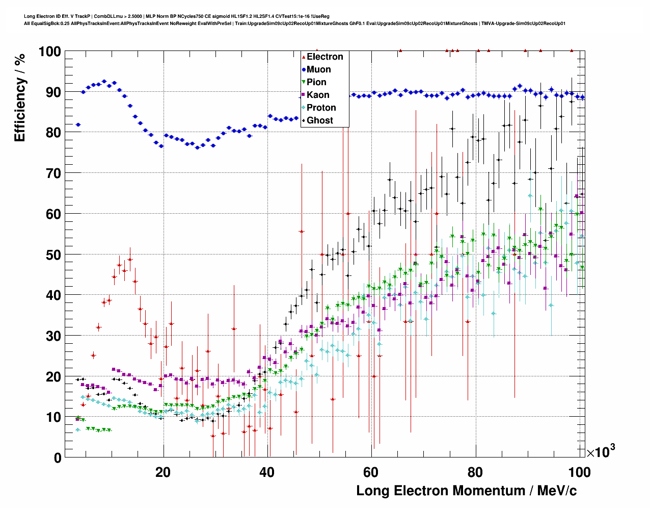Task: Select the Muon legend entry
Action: pyautogui.click(x=318, y=69)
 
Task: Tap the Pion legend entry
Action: pyautogui.click(x=316, y=82)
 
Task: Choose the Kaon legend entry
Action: pyautogui.click(x=318, y=95)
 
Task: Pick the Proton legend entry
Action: pyautogui.click(x=321, y=108)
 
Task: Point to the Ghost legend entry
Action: pyautogui.click(x=320, y=120)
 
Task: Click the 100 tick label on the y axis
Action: pyautogui.click(x=49, y=52)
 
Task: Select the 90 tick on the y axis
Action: pyautogui.click(x=53, y=92)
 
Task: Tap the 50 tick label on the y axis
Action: pyautogui.click(x=53, y=255)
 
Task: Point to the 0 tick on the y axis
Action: pyautogui.click(x=57, y=458)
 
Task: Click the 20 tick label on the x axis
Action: pyautogui.click(x=163, y=472)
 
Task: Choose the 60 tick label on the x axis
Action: pyautogui.click(x=371, y=472)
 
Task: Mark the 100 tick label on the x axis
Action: pyautogui.click(x=579, y=472)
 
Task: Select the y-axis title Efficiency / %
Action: pyautogui.click(x=19, y=97)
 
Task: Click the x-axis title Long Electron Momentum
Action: pyautogui.click(x=466, y=491)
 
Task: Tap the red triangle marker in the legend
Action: pyautogui.click(x=304, y=57)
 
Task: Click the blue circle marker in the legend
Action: pyautogui.click(x=304, y=69)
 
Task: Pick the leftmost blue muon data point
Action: pyautogui.click(x=78, y=124)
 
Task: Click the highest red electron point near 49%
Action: pyautogui.click(x=130, y=259)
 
